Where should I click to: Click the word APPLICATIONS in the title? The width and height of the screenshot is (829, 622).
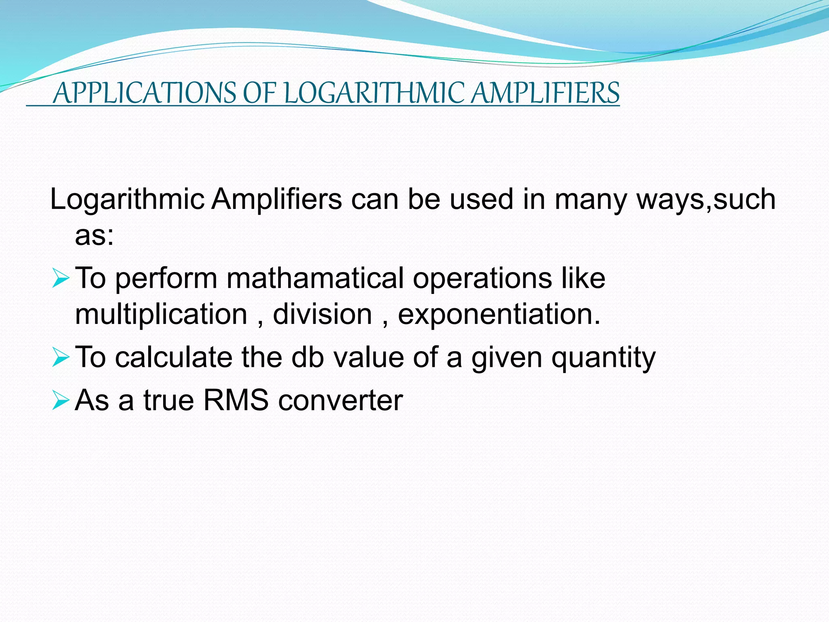[x=144, y=93]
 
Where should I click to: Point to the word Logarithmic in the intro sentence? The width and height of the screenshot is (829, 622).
[x=127, y=200]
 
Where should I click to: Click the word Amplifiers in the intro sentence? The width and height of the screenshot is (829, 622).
[x=277, y=199]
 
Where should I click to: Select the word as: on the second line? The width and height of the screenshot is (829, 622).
[x=94, y=236]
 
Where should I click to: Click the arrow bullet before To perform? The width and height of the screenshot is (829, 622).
[x=60, y=279]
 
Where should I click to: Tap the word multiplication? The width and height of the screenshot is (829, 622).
[x=161, y=315]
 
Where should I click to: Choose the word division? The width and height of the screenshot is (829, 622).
[x=323, y=314]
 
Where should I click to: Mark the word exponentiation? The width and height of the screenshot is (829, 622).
[x=499, y=315]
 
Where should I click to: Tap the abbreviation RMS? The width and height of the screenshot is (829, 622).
[x=236, y=400]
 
